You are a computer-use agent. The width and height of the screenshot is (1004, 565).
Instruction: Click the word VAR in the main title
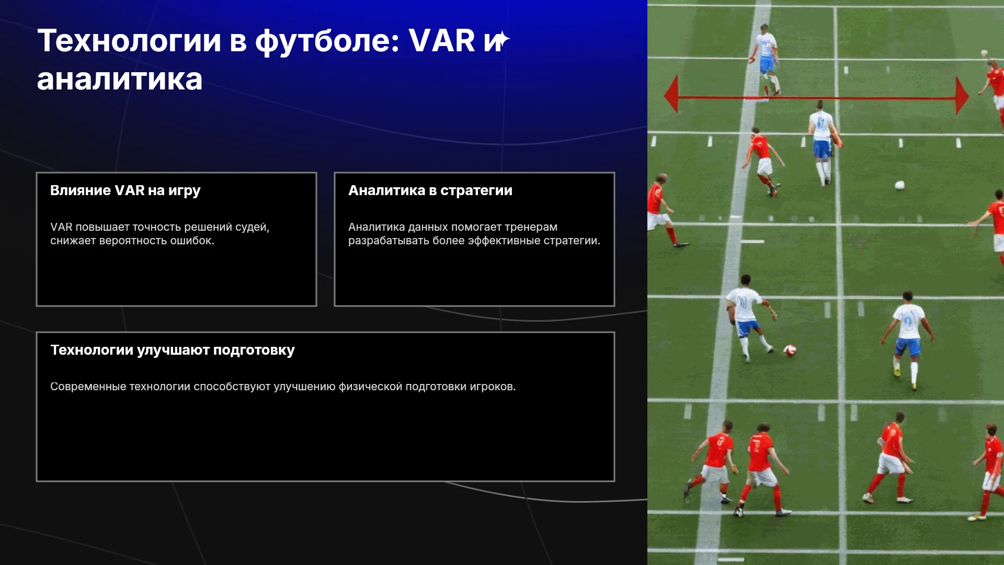coord(442,40)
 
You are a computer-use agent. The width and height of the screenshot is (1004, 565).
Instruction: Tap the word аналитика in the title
coord(120,80)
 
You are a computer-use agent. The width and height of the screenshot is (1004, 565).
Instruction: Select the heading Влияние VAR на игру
coord(125,190)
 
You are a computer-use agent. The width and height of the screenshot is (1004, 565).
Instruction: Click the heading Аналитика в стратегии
coord(430,190)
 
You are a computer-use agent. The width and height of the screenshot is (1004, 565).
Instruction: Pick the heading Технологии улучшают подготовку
coord(173,350)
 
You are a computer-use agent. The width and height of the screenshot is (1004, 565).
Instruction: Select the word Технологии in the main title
coord(130,40)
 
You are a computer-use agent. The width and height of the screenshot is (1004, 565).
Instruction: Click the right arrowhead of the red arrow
coord(962,96)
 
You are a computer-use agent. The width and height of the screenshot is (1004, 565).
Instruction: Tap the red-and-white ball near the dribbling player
coord(790,350)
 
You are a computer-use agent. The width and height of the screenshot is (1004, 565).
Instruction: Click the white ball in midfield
coord(900,185)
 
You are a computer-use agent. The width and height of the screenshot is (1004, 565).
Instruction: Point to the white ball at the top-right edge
coord(984,53)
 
